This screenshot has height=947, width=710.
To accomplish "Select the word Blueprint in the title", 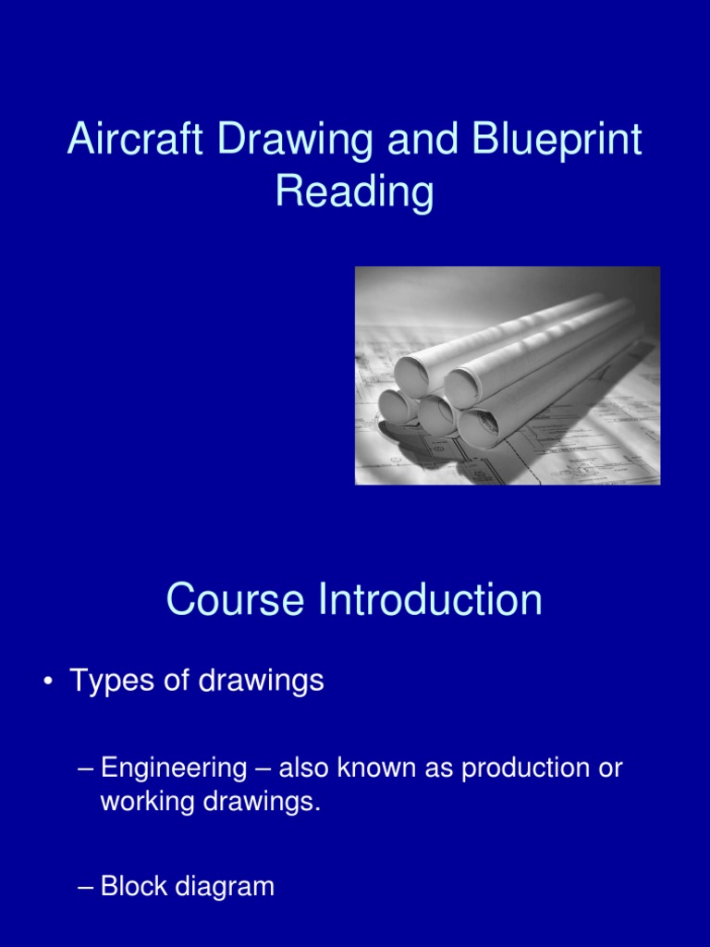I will pos(556,141).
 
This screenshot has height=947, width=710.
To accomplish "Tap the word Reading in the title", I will pos(355,193).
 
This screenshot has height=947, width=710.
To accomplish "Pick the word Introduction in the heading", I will pos(430,601).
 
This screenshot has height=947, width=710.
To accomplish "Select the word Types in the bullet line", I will pos(105,683).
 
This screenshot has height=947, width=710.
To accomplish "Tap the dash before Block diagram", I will pos(86,888).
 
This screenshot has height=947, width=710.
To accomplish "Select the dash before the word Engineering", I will pos(86,769).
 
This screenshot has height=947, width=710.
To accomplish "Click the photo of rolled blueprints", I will pos(508,375).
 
